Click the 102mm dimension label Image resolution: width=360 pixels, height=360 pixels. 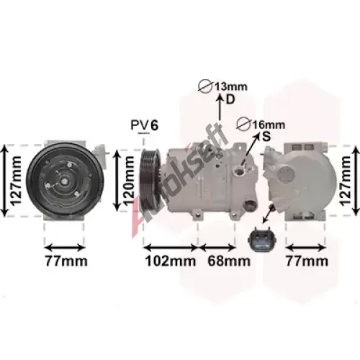[171, 261]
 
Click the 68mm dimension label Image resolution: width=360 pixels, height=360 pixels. [229, 261]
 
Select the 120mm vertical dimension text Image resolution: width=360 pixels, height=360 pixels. [128, 181]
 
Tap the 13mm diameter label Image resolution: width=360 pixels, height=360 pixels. [230, 86]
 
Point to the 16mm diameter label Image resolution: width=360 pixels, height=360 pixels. [269, 125]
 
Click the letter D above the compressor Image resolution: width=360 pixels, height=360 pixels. [230, 99]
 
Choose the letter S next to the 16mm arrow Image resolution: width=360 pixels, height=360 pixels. [266, 137]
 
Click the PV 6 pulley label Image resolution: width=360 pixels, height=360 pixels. [145, 125]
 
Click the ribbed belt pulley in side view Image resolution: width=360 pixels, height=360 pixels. [150, 180]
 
